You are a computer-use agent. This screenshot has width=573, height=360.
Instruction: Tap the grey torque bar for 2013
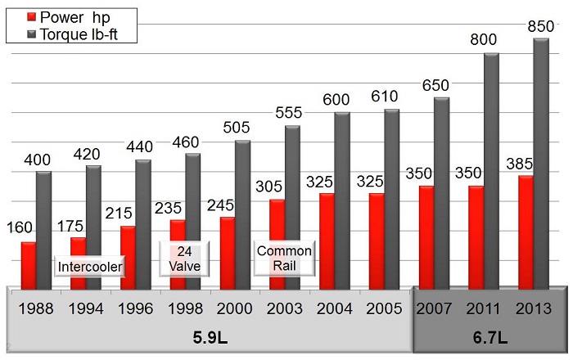pos(541,164)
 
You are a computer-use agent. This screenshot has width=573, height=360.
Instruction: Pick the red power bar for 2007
pos(426,237)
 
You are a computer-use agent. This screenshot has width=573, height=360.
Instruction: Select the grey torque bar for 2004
pos(341,200)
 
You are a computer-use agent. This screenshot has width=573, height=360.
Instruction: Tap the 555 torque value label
pos(292,114)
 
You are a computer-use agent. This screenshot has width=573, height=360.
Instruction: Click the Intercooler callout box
pos(90,266)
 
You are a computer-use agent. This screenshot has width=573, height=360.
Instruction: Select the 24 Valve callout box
pos(178,259)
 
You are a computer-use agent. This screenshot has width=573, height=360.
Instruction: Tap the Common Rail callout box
pos(277,259)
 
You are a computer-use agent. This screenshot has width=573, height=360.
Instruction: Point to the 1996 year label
pos(134,310)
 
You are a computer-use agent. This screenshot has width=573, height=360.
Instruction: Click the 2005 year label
pos(383,310)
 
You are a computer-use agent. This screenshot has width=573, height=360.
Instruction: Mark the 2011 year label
pos(484,310)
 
